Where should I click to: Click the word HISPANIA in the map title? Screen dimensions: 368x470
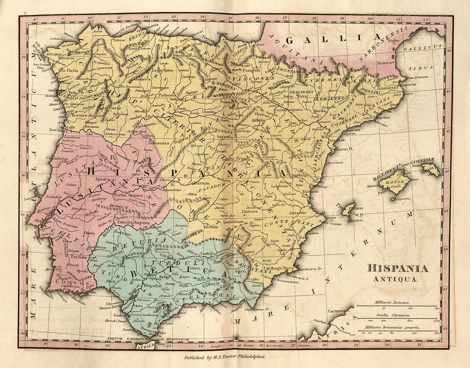point(397,269)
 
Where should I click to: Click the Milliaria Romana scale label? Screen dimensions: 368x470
point(392,302)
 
